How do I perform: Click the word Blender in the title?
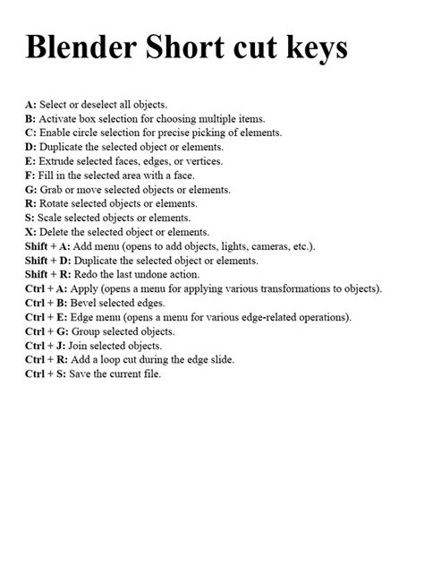click(x=86, y=47)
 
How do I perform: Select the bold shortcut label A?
click(x=30, y=105)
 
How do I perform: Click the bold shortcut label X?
click(x=31, y=231)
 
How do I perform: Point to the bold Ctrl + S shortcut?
click(x=47, y=373)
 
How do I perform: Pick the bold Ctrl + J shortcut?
click(x=46, y=345)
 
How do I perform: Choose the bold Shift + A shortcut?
click(x=50, y=245)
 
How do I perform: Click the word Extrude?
click(x=58, y=161)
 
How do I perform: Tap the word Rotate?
click(x=56, y=203)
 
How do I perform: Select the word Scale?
click(x=51, y=218)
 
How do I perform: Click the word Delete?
click(x=57, y=231)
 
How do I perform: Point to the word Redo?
click(x=94, y=274)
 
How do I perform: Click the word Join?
click(x=82, y=345)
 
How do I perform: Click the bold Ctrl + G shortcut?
click(x=47, y=330)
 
